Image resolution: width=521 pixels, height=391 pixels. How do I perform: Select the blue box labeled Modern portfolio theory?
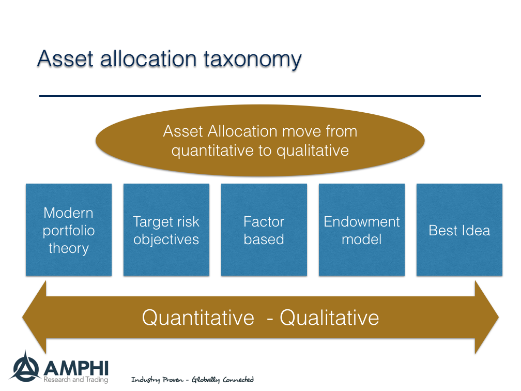69,230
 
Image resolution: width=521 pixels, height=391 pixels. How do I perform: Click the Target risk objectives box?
166,230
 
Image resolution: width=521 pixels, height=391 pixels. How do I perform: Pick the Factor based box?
264,230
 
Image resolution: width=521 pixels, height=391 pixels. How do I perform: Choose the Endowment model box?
361,230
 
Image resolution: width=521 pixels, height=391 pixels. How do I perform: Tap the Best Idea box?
459,230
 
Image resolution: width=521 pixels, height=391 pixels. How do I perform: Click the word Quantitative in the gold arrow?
198,317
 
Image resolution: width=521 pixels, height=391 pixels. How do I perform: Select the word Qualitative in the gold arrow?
329,317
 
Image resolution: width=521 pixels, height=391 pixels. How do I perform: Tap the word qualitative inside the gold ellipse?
313,151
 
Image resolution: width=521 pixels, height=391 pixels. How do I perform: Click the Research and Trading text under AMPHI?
76,380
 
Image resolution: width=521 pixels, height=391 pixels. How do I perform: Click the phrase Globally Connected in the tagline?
223,380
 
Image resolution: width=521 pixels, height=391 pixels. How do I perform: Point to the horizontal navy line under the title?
260,96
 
